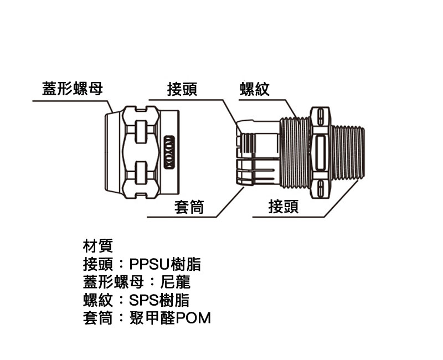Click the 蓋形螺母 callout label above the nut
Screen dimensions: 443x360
tap(73, 89)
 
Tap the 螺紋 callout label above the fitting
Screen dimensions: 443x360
tap(255, 89)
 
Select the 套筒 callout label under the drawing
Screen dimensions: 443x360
tap(189, 207)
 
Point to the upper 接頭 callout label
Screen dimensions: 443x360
tap(182, 89)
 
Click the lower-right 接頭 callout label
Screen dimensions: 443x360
tap(284, 206)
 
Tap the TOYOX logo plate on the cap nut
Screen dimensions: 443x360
tap(169, 152)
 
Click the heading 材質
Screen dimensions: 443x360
tap(98, 245)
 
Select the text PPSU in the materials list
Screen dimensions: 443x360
tap(150, 264)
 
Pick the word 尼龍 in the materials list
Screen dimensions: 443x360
tap(176, 282)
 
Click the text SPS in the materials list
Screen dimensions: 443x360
tap(144, 300)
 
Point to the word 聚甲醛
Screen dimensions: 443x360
tap(153, 318)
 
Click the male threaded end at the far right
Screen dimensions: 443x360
tap(348, 152)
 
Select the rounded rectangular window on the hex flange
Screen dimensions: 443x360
tap(320, 153)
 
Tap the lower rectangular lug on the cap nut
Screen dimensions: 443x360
tap(141, 173)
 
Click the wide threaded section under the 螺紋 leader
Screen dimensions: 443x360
tap(295, 153)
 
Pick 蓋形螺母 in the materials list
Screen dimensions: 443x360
tap(114, 282)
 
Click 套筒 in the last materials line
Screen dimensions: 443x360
tap(98, 318)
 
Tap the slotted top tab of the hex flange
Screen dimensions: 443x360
tap(320, 116)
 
